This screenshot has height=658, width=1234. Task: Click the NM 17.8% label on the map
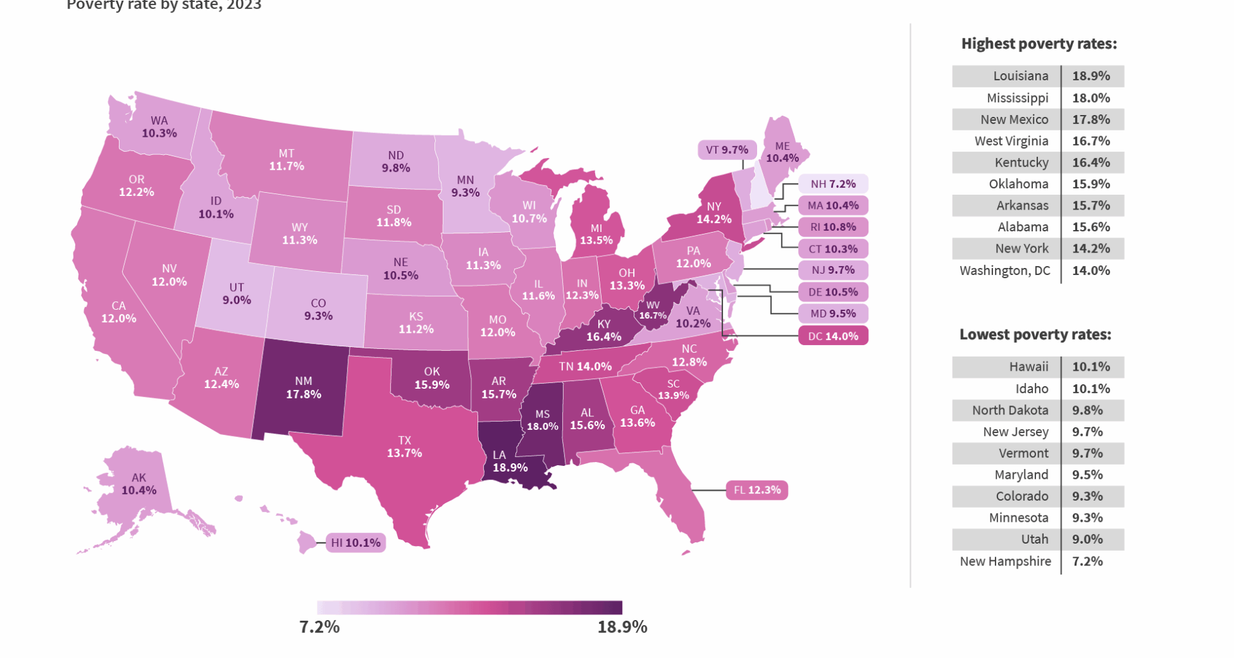click(303, 387)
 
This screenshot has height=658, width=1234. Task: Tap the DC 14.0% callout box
click(833, 335)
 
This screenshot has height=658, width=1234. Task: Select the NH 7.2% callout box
click(833, 184)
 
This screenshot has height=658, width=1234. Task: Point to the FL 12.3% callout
click(757, 490)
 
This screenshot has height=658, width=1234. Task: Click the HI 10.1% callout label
click(355, 542)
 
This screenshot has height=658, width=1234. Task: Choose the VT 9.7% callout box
click(727, 150)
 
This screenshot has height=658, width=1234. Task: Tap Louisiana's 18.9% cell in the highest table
click(1091, 76)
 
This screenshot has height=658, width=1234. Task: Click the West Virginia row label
click(1011, 141)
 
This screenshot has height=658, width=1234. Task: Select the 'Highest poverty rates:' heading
click(1039, 44)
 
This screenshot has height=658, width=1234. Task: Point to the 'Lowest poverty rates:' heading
click(1035, 334)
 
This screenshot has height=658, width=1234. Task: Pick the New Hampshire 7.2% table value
click(1087, 561)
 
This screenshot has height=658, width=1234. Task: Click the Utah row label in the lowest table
click(1034, 539)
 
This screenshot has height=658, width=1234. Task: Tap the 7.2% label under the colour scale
click(319, 627)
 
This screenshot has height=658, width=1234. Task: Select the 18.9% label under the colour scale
click(621, 627)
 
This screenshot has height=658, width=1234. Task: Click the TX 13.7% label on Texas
click(404, 447)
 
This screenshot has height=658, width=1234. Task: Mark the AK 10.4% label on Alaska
click(139, 484)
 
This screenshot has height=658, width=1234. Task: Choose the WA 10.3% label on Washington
click(159, 127)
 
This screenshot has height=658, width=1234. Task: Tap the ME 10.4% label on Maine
click(782, 152)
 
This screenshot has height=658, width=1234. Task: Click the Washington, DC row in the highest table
click(1005, 271)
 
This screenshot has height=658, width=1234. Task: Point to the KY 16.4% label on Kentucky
click(604, 330)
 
